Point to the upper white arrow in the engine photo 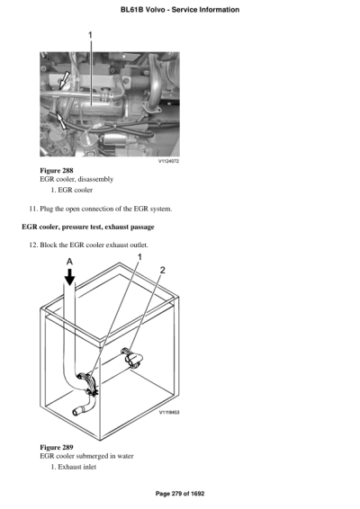(x=64, y=80)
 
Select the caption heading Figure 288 (x=57, y=170)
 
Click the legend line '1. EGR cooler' (x=72, y=190)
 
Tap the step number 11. (x=35, y=209)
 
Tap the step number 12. (x=35, y=246)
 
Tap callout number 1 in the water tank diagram (x=139, y=258)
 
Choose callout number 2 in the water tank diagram (x=162, y=270)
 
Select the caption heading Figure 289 (x=57, y=447)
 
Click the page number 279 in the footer (x=176, y=494)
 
